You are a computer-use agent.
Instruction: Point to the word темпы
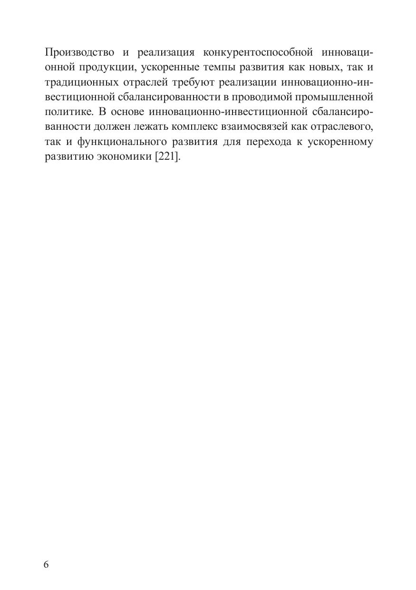point(214,67)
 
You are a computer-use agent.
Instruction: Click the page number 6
point(46,564)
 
